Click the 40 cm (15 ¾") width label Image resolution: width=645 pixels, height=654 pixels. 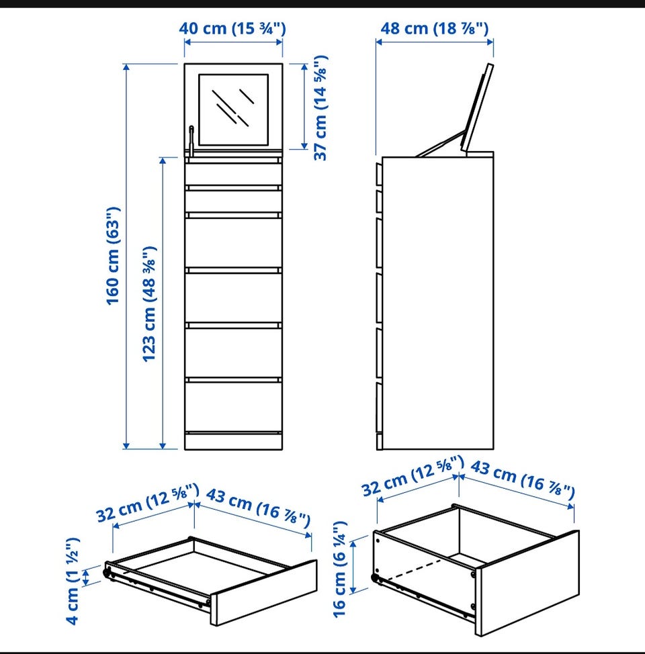tap(232, 28)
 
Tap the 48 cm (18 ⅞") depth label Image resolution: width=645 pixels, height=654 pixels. tap(435, 28)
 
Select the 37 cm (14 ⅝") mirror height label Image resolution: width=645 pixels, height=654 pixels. tap(320, 107)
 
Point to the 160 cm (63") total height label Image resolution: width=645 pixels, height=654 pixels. tap(113, 256)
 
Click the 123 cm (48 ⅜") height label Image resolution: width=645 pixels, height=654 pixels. tap(149, 303)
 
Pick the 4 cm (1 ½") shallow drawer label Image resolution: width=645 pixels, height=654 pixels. tap(73, 581)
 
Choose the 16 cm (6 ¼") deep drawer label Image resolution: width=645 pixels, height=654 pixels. tap(340, 569)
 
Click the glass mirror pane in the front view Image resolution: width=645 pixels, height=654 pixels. tap(233, 110)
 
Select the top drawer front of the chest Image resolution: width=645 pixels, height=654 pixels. tap(233, 175)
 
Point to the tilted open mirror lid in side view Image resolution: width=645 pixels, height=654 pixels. tap(477, 107)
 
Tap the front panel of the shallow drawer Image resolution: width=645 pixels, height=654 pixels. tap(263, 593)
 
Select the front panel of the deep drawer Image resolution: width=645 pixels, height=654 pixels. tap(527, 583)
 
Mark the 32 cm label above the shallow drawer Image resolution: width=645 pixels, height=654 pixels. tap(147, 503)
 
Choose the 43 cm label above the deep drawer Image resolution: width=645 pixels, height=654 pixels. tap(523, 479)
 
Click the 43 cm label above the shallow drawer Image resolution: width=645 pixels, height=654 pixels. tap(259, 508)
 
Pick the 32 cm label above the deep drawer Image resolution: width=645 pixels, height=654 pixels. tap(413, 476)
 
